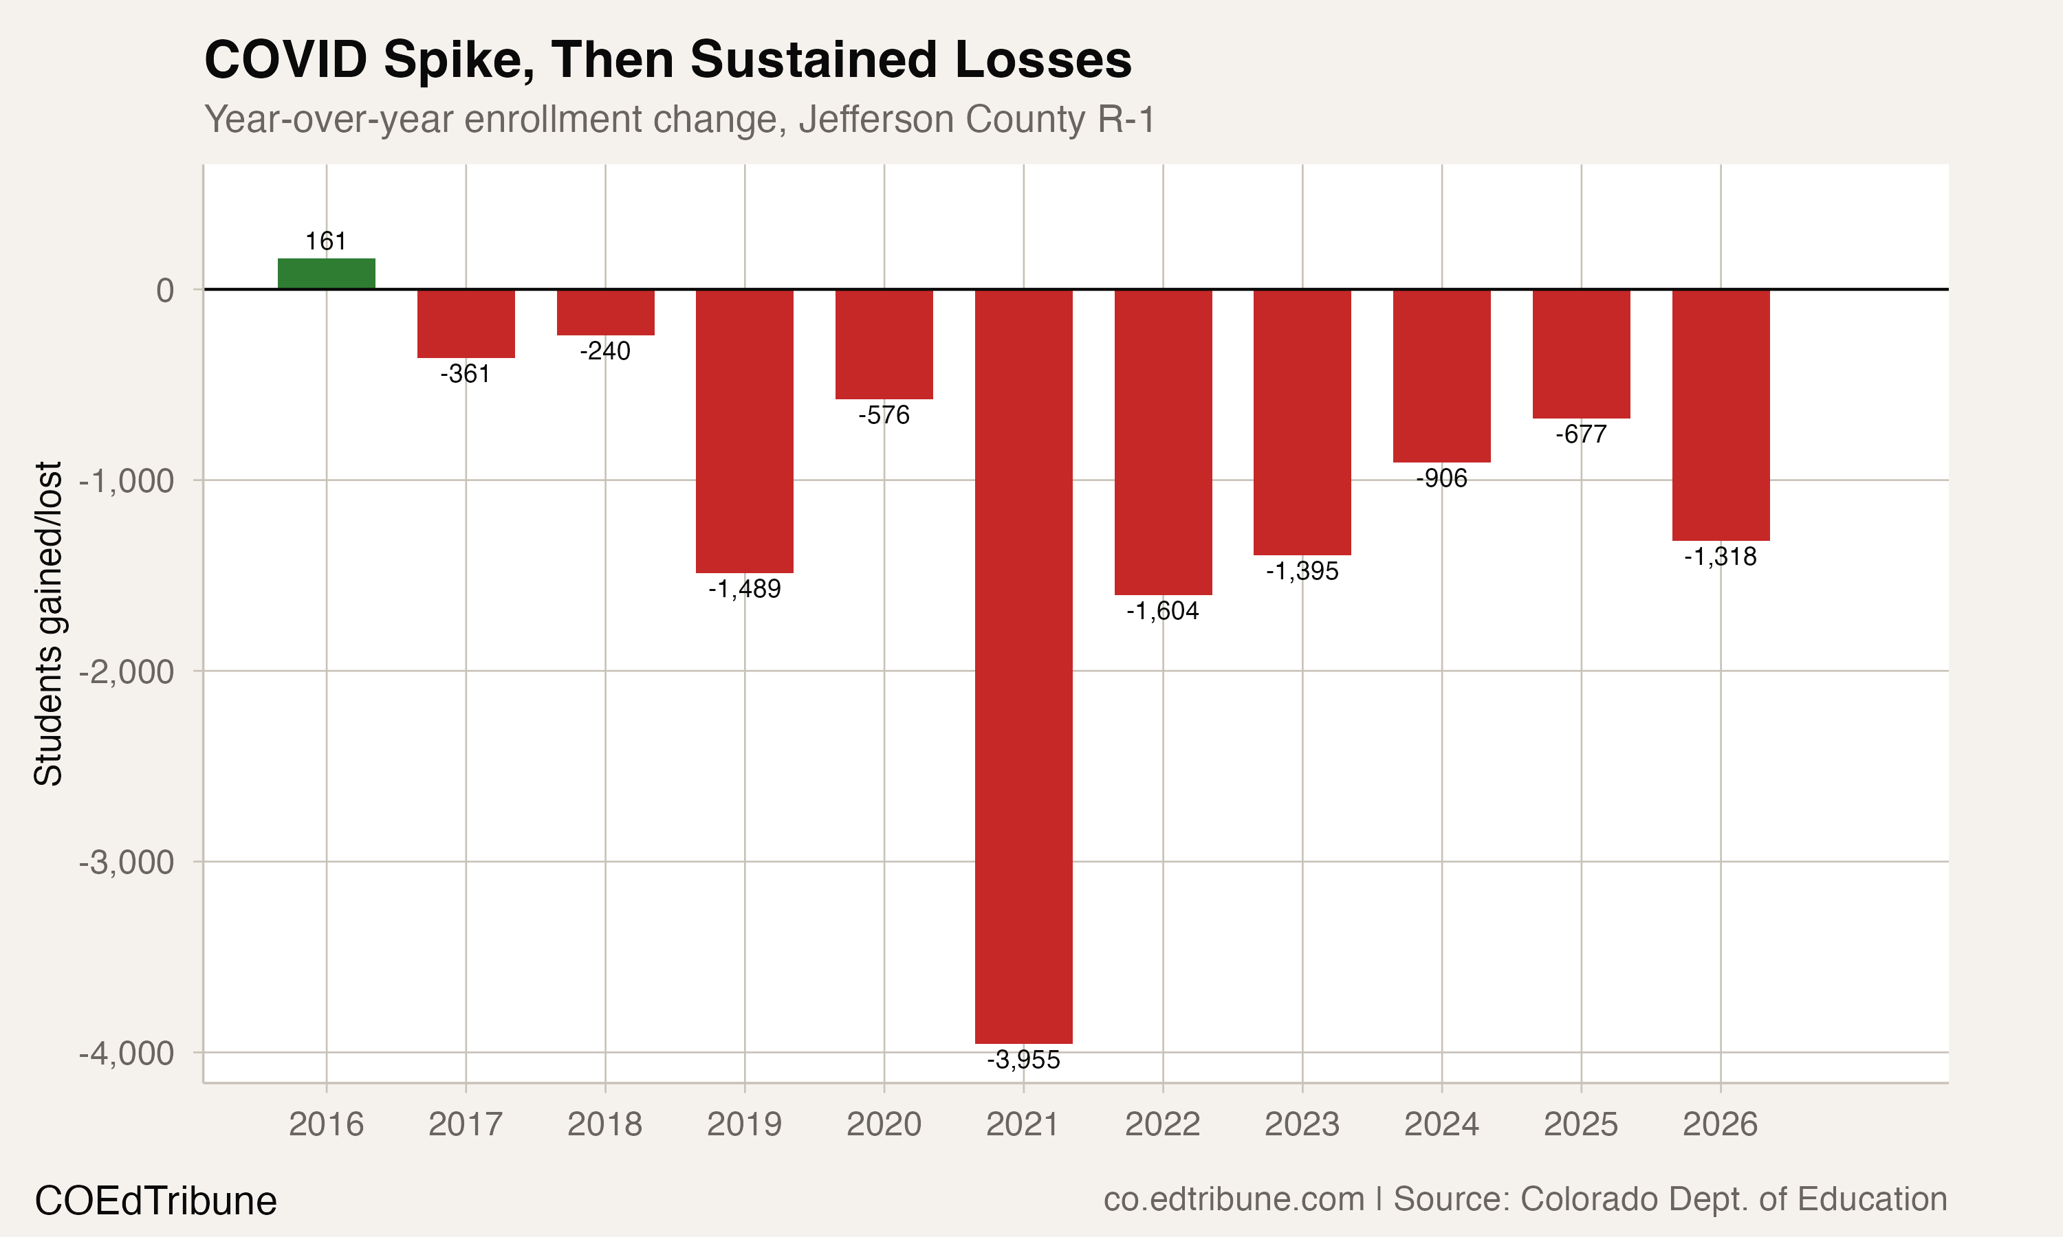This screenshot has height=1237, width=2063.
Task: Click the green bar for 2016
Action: [326, 274]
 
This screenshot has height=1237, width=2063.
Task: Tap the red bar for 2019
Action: [745, 430]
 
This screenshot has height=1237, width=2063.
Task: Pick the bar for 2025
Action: [1581, 353]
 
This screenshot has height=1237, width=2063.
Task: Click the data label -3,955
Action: [1023, 1060]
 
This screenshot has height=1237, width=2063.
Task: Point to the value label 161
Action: [326, 241]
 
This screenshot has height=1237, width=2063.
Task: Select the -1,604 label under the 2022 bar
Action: [1162, 611]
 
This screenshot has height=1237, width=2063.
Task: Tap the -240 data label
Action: [605, 351]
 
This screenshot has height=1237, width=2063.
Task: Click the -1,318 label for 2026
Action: [1721, 556]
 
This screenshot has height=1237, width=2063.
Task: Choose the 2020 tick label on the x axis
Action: [884, 1124]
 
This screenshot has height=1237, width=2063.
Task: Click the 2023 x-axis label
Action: [1302, 1124]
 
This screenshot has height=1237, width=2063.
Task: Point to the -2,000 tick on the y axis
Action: [126, 671]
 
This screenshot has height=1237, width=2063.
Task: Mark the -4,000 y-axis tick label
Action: [126, 1053]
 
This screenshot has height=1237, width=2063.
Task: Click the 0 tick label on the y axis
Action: [165, 290]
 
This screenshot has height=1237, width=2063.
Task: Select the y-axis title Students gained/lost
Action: [48, 623]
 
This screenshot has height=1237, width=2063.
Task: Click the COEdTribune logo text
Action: [156, 1201]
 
